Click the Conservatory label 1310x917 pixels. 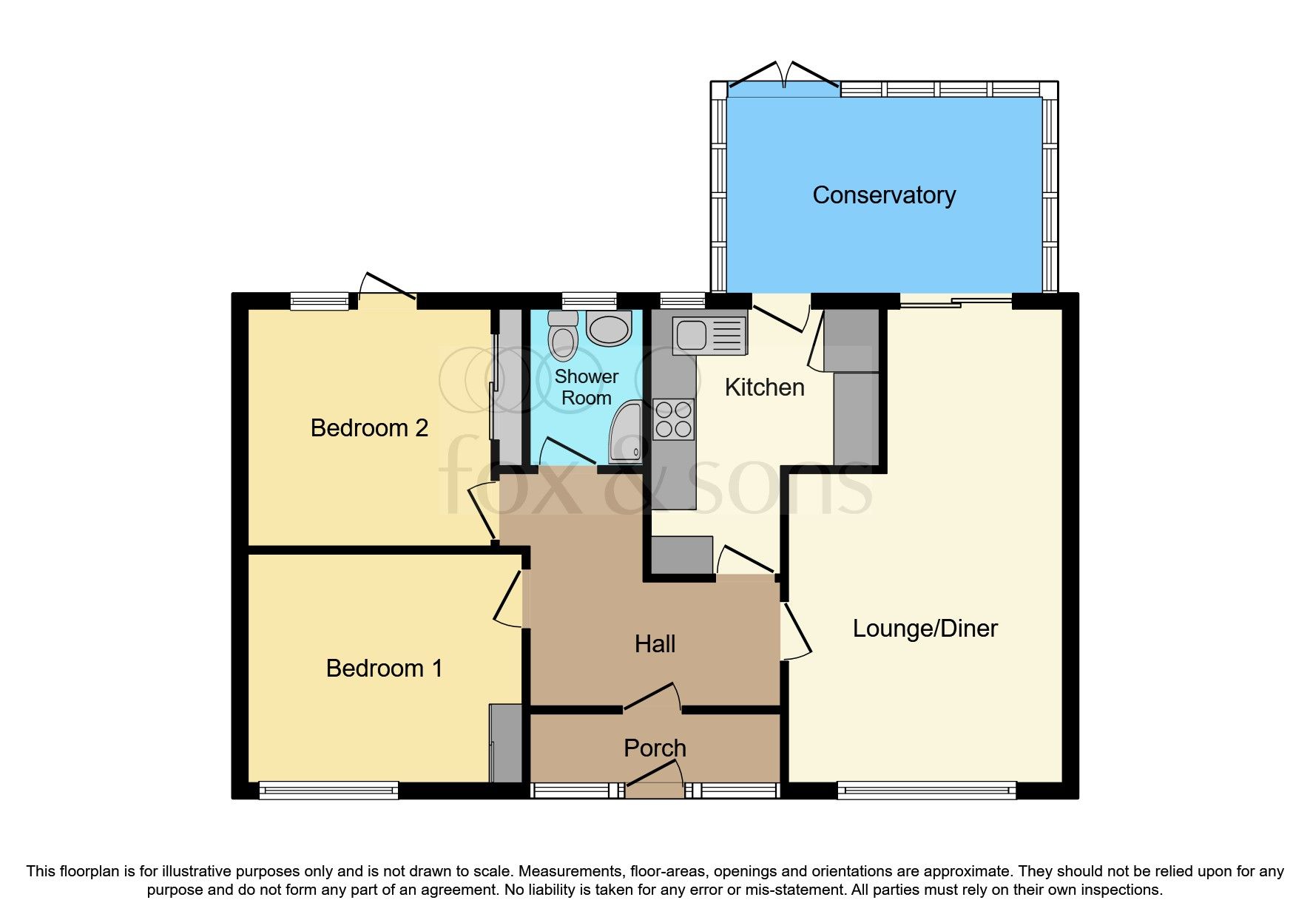click(x=883, y=195)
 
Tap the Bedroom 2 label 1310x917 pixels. click(x=369, y=428)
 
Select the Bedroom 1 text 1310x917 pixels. click(x=384, y=669)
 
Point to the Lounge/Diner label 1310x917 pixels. click(x=925, y=629)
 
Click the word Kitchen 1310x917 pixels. click(x=764, y=388)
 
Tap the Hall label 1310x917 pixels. click(x=655, y=644)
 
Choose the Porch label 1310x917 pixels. click(x=655, y=748)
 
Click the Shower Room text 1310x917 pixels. click(x=587, y=387)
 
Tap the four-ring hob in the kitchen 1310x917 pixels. click(x=673, y=419)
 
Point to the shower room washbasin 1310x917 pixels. click(x=609, y=328)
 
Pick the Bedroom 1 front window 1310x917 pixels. click(x=328, y=791)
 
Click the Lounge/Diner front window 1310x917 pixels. click(x=926, y=791)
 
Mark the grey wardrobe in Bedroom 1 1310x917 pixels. click(x=507, y=743)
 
